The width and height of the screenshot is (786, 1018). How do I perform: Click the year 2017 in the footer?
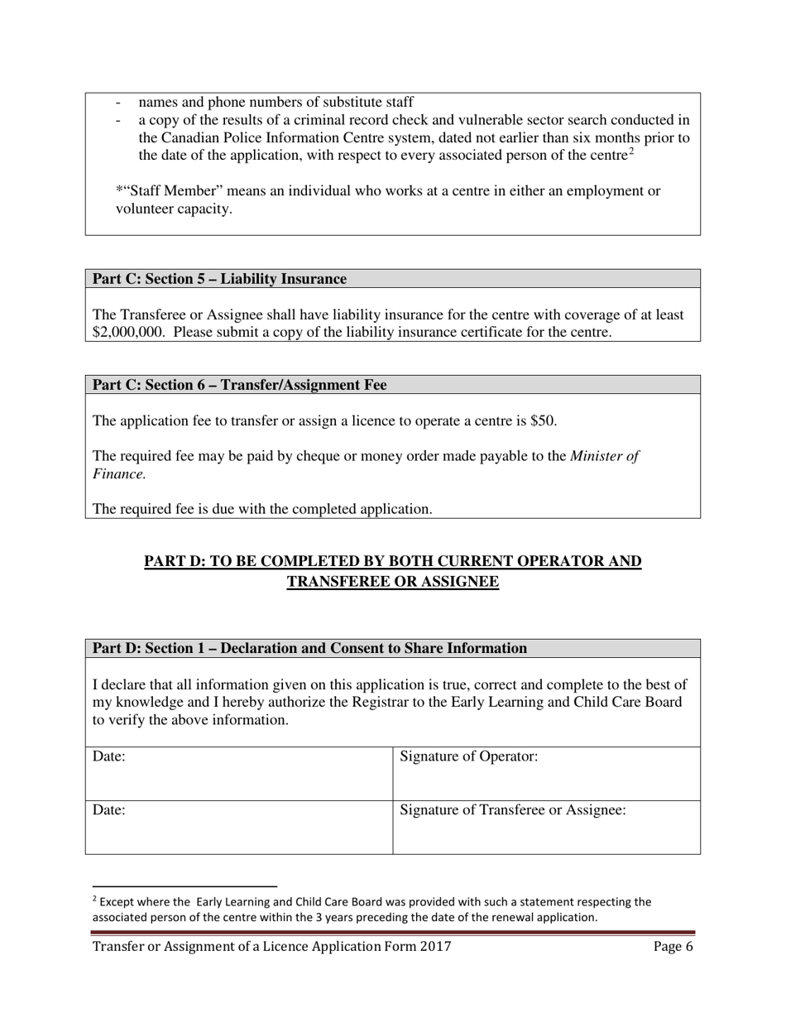coord(435,948)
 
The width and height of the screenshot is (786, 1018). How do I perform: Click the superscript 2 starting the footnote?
coord(94,900)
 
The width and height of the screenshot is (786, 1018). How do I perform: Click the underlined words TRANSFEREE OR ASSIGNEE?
coord(393,582)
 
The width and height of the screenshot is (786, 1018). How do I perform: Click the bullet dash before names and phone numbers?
coord(120,103)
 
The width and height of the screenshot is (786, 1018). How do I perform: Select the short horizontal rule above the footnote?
coord(184,886)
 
